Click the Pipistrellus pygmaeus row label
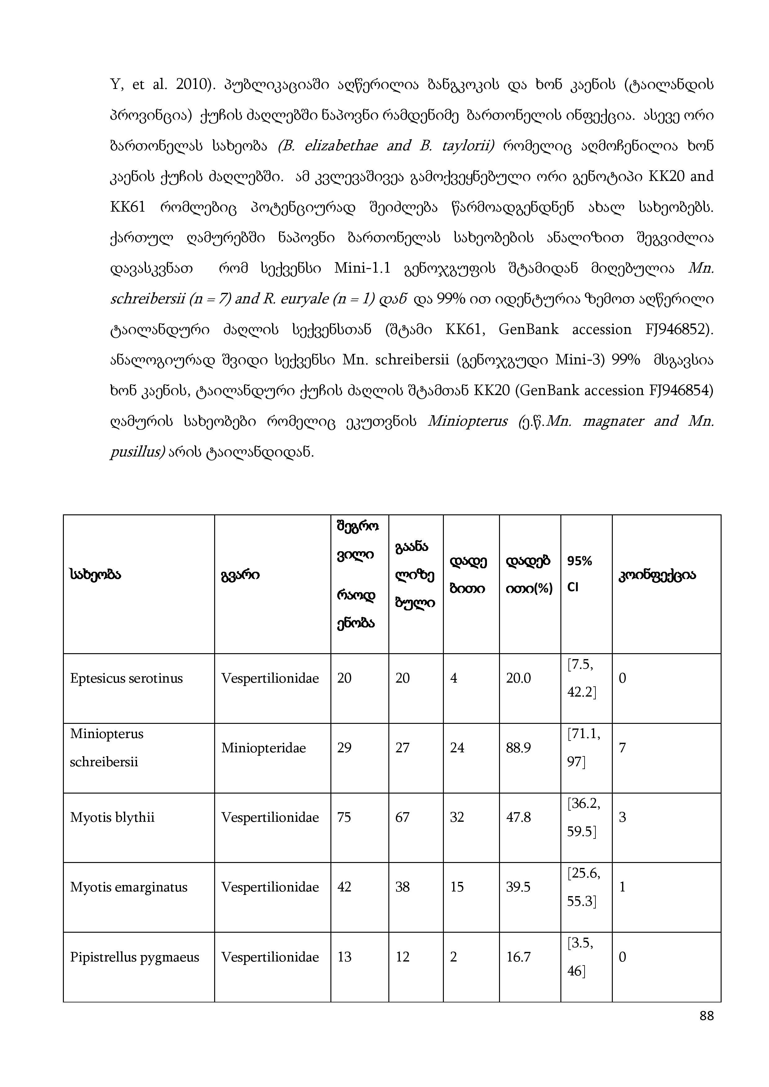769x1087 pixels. click(x=135, y=957)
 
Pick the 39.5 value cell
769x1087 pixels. click(x=518, y=887)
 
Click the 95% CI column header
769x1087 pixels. click(x=580, y=574)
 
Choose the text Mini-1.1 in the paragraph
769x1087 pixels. click(x=362, y=268)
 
